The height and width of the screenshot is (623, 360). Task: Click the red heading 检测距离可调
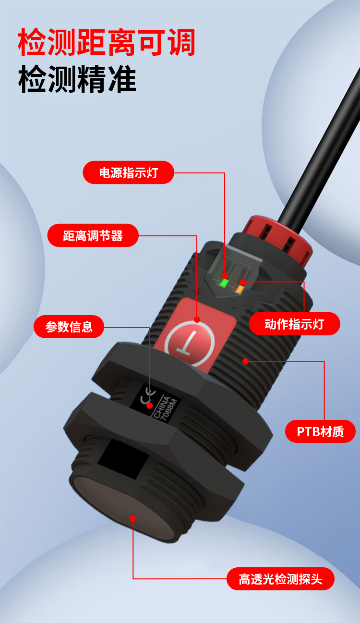click(107, 42)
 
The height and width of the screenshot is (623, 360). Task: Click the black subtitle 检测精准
click(77, 79)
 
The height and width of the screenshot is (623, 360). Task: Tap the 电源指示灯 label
click(128, 172)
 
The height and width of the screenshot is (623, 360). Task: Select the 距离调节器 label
click(93, 235)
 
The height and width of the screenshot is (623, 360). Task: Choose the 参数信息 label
click(69, 327)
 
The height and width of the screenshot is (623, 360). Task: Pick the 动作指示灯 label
click(294, 324)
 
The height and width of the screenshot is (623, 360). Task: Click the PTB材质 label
click(320, 431)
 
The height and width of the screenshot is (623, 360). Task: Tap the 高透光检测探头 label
click(280, 579)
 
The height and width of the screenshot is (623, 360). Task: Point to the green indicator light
click(224, 282)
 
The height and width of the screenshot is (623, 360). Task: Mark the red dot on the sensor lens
click(133, 518)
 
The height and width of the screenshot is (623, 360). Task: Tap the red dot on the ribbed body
click(246, 361)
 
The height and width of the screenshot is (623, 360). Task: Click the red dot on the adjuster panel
click(197, 319)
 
